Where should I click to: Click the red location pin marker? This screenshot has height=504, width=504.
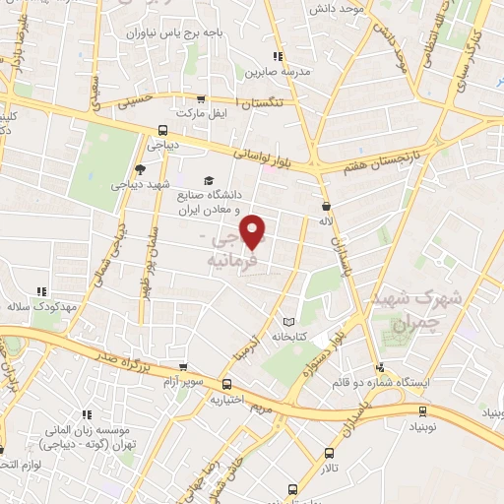point(254,230)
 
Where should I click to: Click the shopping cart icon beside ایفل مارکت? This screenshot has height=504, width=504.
point(202,99)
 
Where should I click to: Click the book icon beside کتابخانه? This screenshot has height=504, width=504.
point(288,321)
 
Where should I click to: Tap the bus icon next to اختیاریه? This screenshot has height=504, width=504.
point(227,385)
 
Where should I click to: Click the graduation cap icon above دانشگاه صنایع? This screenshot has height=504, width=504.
point(208,180)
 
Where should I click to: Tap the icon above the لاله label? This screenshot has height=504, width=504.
point(326,206)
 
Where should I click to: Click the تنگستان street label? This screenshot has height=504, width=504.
point(268,102)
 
